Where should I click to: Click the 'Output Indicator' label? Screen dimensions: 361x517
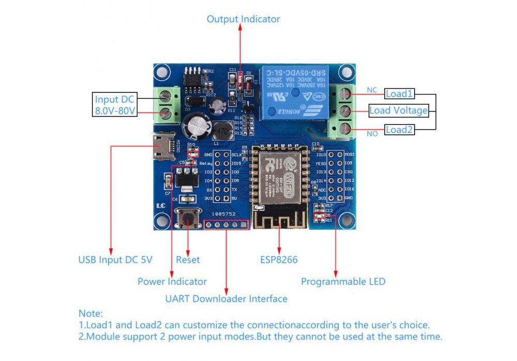coord(243,19)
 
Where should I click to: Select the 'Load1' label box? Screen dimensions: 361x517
coord(399,94)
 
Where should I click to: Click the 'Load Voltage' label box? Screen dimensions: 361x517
coord(398,110)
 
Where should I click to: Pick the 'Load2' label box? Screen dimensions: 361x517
coord(399,130)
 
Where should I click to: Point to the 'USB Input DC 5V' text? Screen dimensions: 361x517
coord(115,260)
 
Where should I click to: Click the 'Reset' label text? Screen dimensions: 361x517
coord(188,260)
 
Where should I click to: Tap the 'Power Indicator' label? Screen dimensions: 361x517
coord(172,281)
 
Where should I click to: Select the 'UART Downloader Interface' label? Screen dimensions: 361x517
coord(226,299)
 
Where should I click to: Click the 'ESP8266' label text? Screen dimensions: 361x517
coord(279,260)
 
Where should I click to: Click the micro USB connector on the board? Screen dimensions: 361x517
coord(163,146)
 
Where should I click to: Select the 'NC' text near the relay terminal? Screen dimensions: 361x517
coord(372,90)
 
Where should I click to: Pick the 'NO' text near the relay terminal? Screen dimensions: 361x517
coord(372,134)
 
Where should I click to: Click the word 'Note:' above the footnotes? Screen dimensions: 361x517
coord(90,313)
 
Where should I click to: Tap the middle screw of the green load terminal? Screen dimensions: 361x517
coord(345,111)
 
